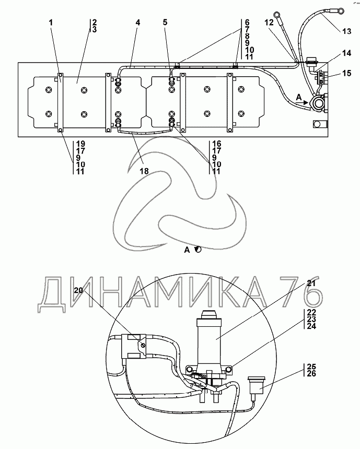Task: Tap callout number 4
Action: coord(137,23)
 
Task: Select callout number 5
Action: coord(165,23)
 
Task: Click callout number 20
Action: coord(78,290)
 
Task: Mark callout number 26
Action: coord(311,374)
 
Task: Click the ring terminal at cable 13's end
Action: coord(341,9)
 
